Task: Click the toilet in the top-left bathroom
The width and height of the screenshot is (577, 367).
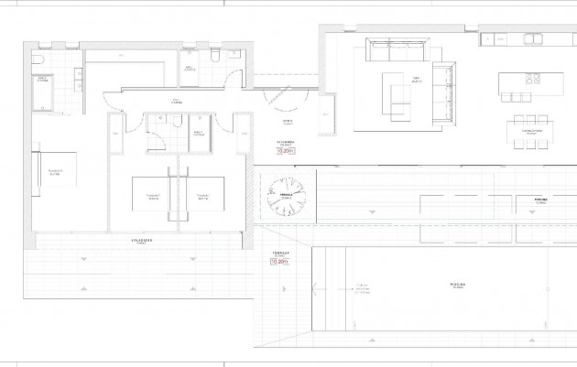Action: coord(37,59)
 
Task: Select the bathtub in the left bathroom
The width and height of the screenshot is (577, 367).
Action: coord(42,92)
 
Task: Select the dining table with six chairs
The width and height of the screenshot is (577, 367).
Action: coord(530,132)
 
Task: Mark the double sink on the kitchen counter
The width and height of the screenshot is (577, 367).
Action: coord(534,38)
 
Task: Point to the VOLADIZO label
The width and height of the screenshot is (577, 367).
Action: coord(140,240)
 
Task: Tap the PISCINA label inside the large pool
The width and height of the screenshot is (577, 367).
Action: coord(458,285)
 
